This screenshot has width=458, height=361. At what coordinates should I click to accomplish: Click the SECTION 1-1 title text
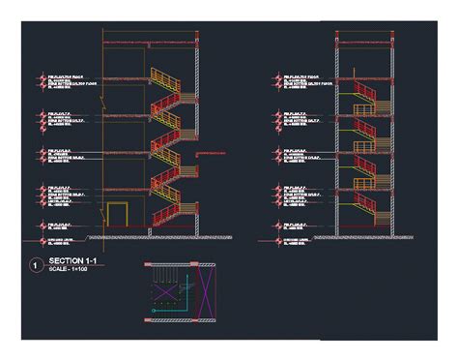pyautogui.click(x=72, y=262)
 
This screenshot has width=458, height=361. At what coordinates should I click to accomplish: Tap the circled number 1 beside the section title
pyautogui.click(x=35, y=265)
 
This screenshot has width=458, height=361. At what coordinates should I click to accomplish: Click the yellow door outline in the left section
pyautogui.click(x=117, y=217)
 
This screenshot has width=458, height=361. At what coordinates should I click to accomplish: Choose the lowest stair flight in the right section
pyautogui.click(x=368, y=210)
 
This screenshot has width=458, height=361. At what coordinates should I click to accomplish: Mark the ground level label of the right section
pyautogui.click(x=296, y=239)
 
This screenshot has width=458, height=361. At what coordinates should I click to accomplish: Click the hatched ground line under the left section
pyautogui.click(x=145, y=236)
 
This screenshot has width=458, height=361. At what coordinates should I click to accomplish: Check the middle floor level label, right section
pyautogui.click(x=296, y=153)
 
